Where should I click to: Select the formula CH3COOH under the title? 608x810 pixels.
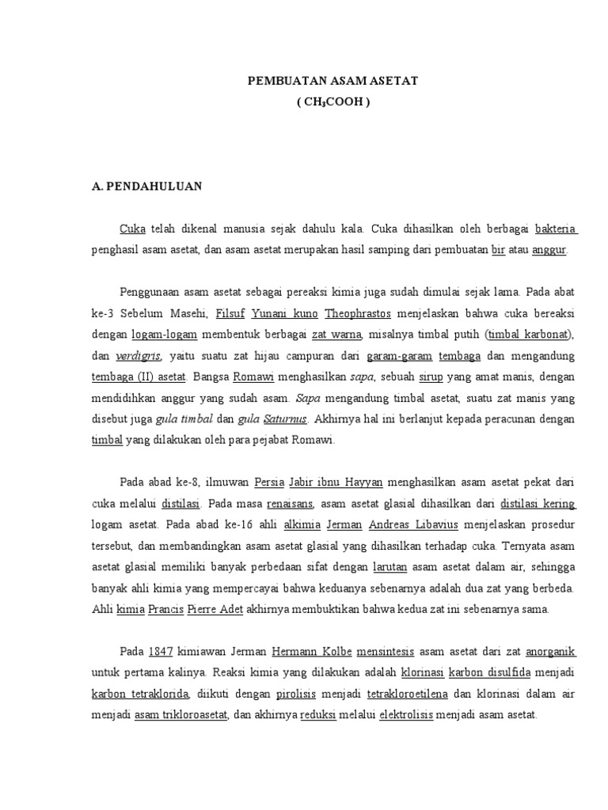[333, 102]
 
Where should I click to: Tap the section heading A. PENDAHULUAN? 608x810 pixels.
[147, 187]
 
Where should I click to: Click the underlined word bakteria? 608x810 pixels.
[556, 229]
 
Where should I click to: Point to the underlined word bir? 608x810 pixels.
[498, 250]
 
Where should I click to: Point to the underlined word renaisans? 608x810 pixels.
[291, 502]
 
